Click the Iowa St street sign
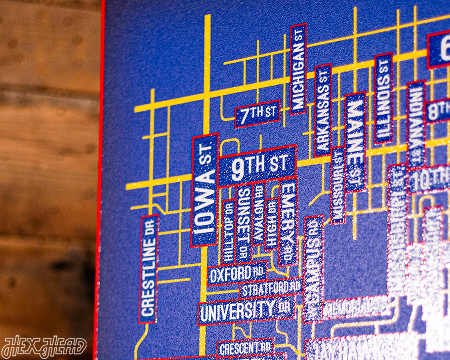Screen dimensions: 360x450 point(204,190)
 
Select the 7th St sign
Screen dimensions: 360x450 point(257,114)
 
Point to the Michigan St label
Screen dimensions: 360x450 point(298,69)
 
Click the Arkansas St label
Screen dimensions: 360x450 point(323,110)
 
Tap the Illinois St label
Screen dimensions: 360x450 point(384,98)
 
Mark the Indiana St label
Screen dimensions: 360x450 point(416,124)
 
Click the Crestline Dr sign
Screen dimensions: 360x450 point(149,269)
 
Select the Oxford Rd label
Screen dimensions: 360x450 point(237,274)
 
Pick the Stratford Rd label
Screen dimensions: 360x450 point(271,289)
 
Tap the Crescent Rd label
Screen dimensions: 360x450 point(245,348)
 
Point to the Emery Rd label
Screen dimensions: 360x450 point(287,222)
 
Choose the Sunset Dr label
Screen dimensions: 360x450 point(243,223)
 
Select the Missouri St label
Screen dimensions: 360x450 point(338,185)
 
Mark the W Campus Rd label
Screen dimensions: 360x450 point(313,269)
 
